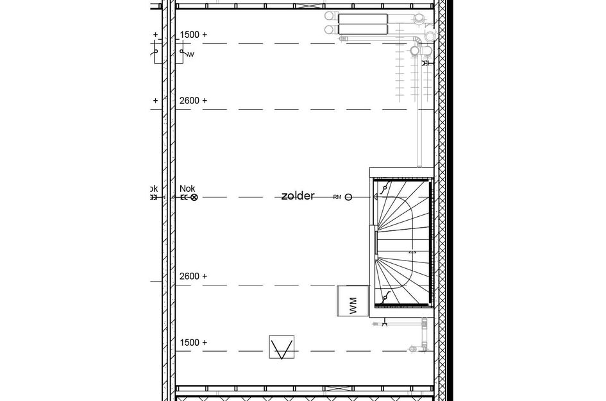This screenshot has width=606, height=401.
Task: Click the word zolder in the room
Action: click(x=298, y=196)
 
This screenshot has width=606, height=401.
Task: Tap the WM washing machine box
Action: click(x=352, y=300)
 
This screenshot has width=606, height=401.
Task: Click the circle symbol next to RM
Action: click(x=348, y=198)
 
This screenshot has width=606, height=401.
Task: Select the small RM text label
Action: click(x=337, y=198)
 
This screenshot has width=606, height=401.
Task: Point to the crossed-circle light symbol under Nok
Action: click(x=194, y=198)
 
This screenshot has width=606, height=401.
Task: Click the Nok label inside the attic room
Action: click(x=187, y=188)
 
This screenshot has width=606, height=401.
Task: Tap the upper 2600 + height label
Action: click(x=193, y=101)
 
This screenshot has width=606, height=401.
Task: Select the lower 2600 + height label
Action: click(x=193, y=276)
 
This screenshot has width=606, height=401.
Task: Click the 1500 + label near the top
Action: click(x=193, y=34)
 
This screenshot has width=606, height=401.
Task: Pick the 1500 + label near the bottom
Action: click(x=193, y=343)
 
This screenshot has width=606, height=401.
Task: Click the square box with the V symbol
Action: click(x=282, y=349)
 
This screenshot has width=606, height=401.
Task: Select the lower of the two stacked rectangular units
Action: click(x=362, y=29)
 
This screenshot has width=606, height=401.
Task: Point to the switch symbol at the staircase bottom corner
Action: click(x=384, y=298)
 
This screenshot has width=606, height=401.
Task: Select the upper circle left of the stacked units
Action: click(x=330, y=15)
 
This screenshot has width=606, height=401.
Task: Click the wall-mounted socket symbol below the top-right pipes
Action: click(x=426, y=63)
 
